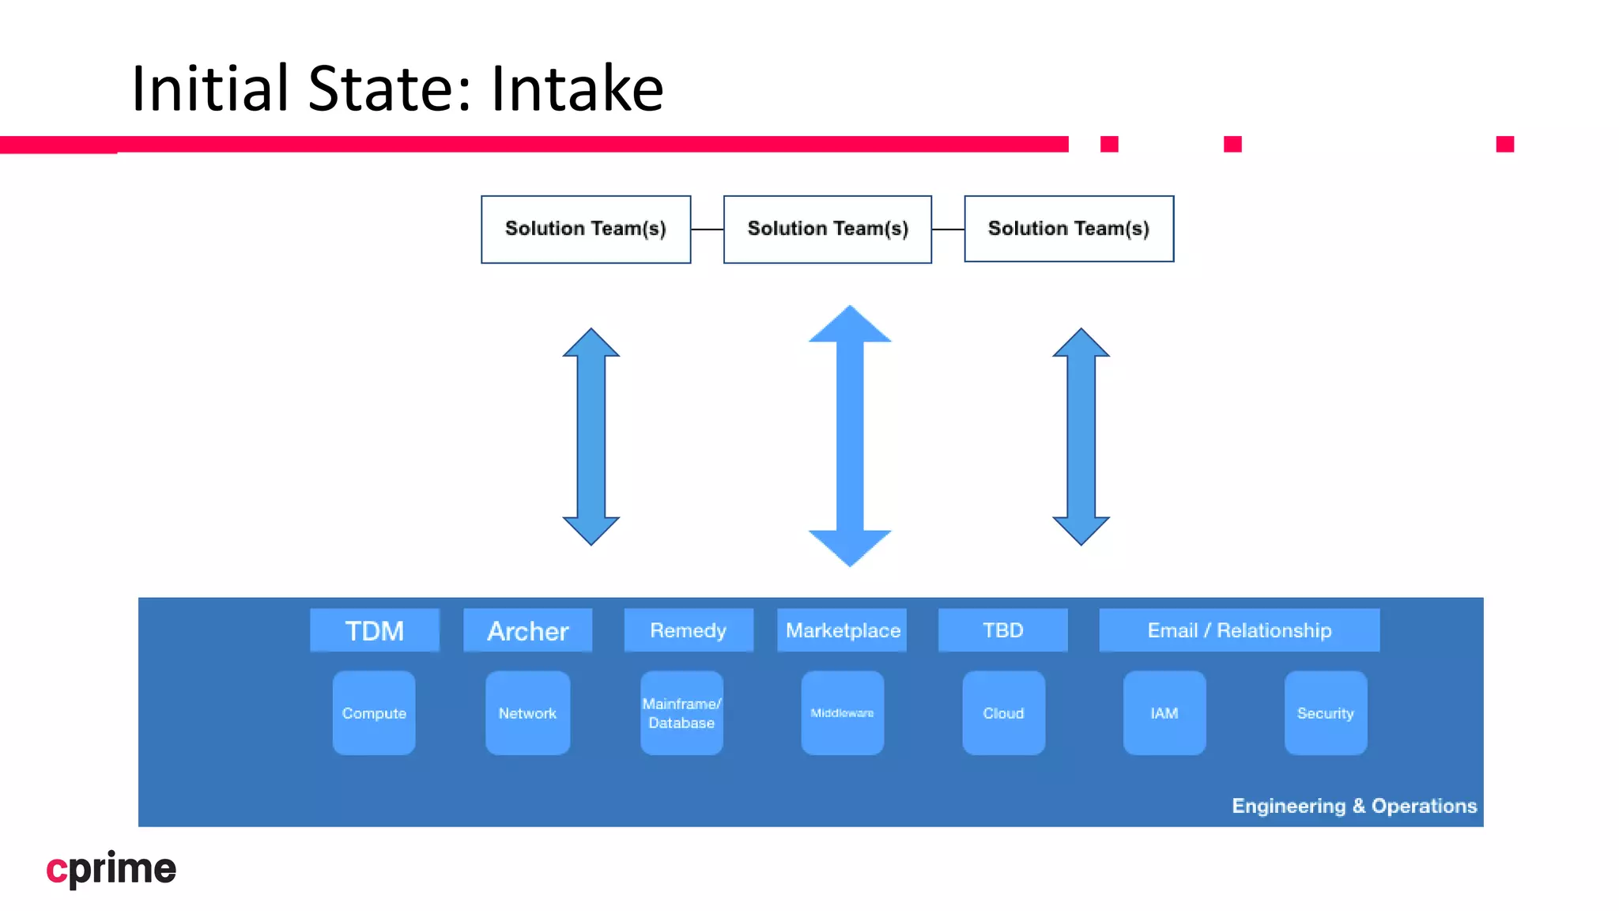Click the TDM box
tap(374, 630)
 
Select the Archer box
tap(527, 630)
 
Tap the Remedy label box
tap(688, 630)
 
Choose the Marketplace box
tap(842, 630)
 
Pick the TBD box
tap(1002, 630)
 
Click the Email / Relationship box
tap(1239, 630)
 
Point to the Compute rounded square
tap(374, 713)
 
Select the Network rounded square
tap(527, 713)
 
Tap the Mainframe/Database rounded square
tap(681, 713)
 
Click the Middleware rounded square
tap(842, 713)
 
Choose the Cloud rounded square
tap(1003, 713)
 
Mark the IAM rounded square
tap(1164, 713)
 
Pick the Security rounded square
tap(1326, 713)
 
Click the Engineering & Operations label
tap(1354, 806)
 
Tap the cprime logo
tap(111, 869)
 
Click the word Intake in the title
tap(577, 89)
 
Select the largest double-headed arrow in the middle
tap(850, 436)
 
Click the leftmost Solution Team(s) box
tap(586, 229)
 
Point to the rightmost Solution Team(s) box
tap(1069, 229)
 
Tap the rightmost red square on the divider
tap(1505, 144)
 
